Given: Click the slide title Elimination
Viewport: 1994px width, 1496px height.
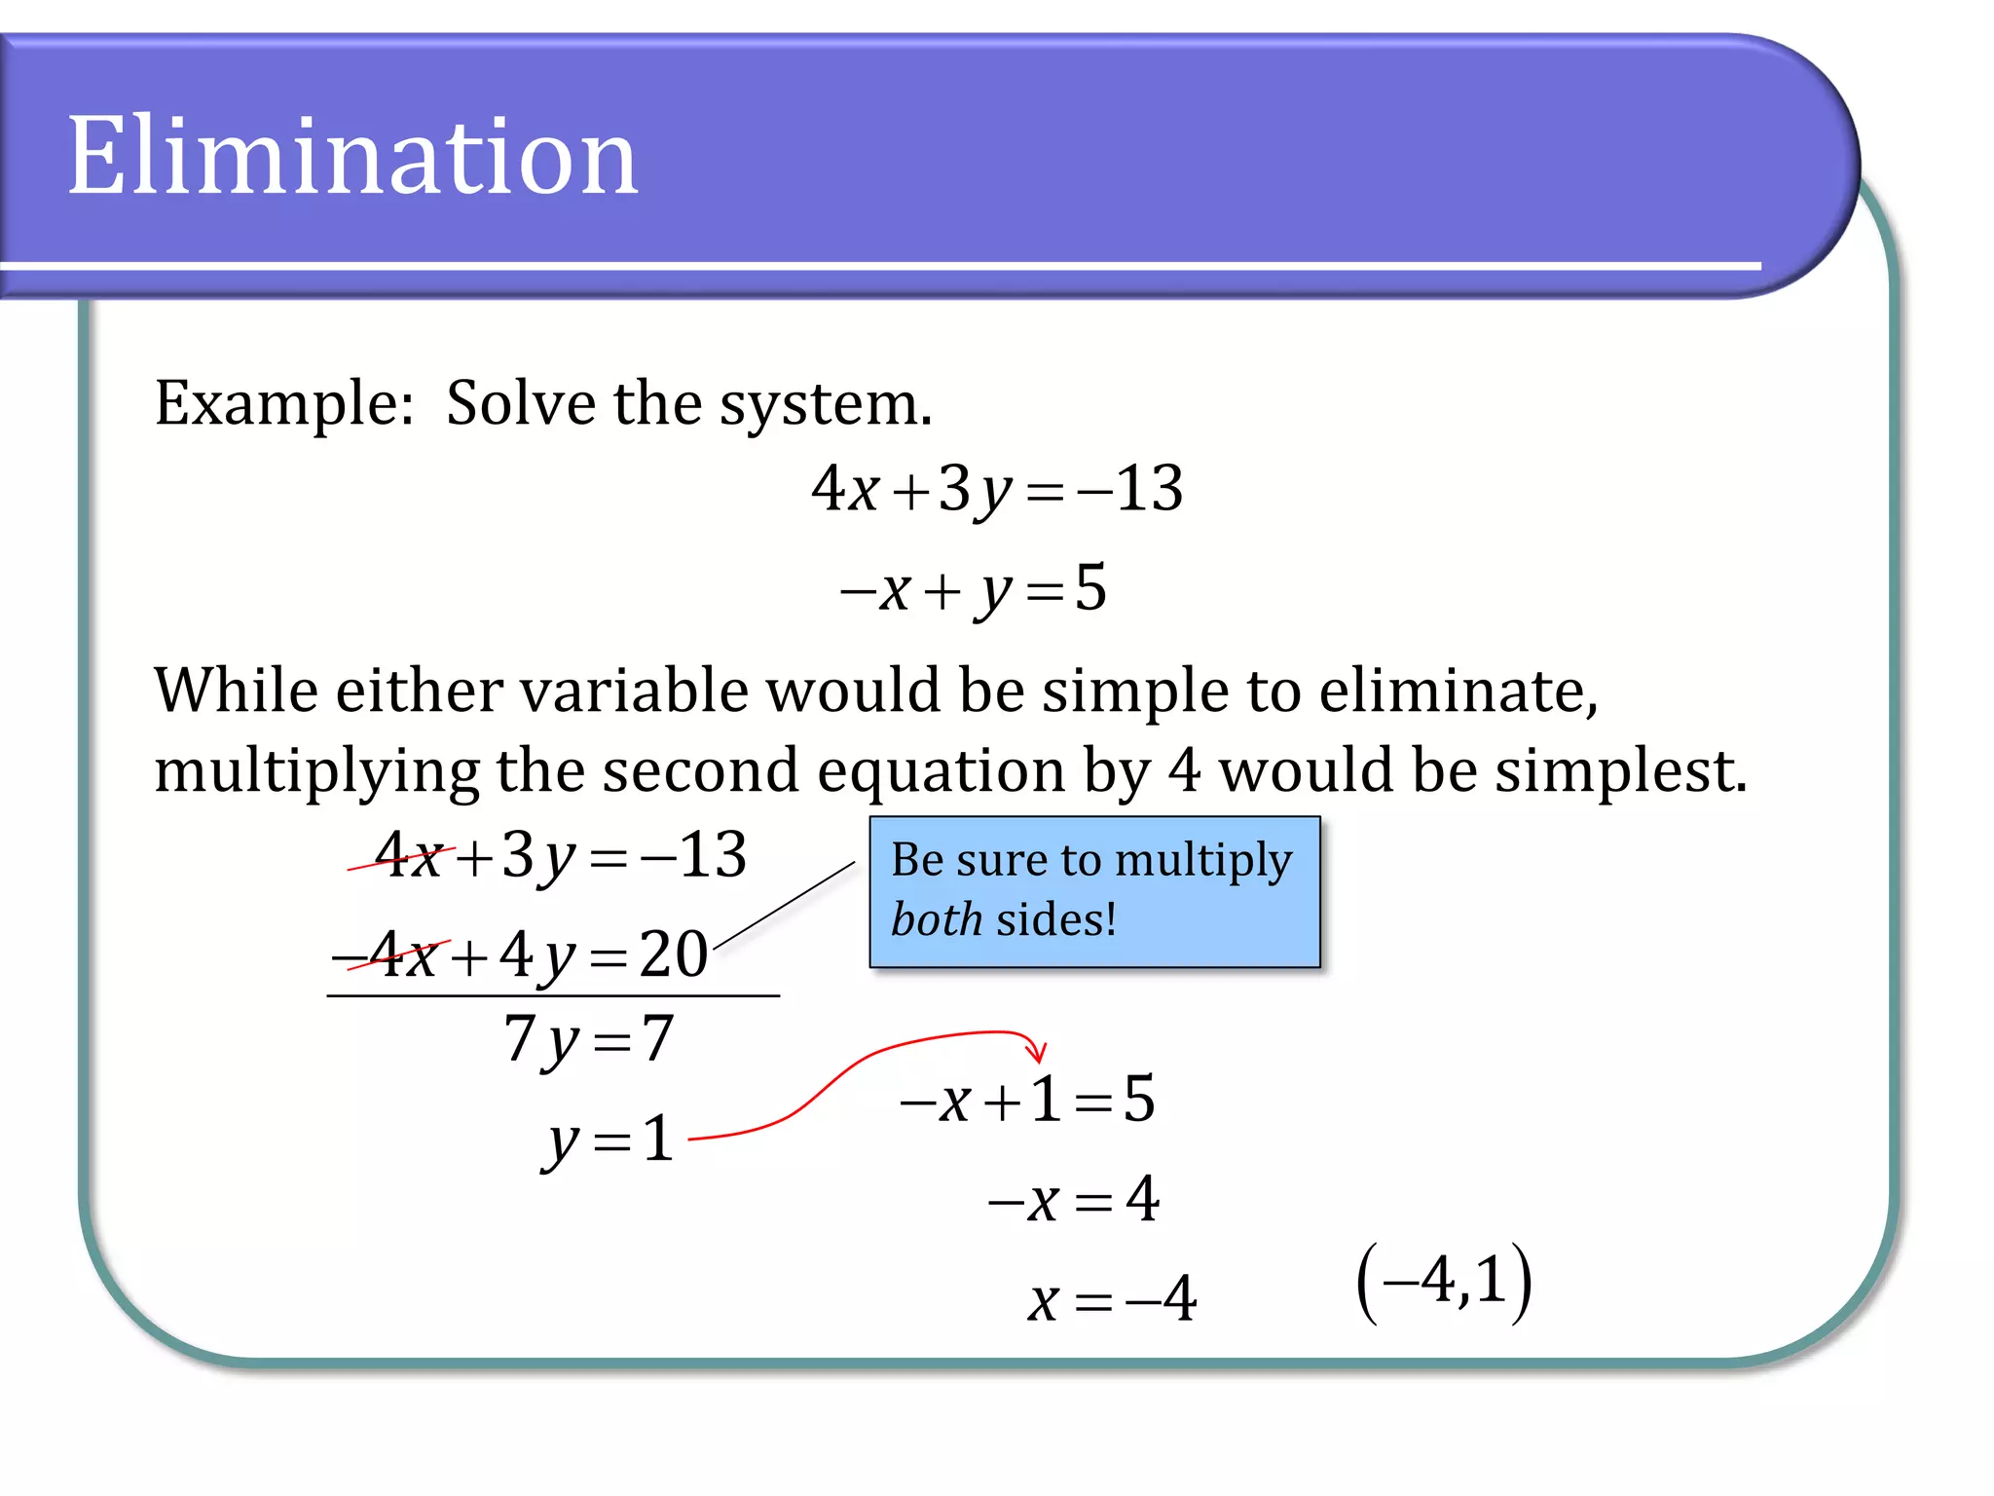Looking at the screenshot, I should (351, 156).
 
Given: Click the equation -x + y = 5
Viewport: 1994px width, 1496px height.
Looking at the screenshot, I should (974, 589).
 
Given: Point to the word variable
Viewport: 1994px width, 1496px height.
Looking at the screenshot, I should (638, 691).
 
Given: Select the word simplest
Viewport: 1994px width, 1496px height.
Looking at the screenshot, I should (1620, 770).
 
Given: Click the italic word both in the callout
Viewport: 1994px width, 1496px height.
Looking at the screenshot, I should (936, 919).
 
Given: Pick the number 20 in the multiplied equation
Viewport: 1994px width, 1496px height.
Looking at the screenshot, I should (673, 954).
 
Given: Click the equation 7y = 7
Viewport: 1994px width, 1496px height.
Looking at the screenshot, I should (589, 1039).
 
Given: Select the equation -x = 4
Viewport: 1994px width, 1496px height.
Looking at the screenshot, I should (1074, 1200).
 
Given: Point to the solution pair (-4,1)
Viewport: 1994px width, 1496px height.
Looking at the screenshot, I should (1445, 1281).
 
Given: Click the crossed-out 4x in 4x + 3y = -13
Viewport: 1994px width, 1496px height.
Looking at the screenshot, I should (410, 856).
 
